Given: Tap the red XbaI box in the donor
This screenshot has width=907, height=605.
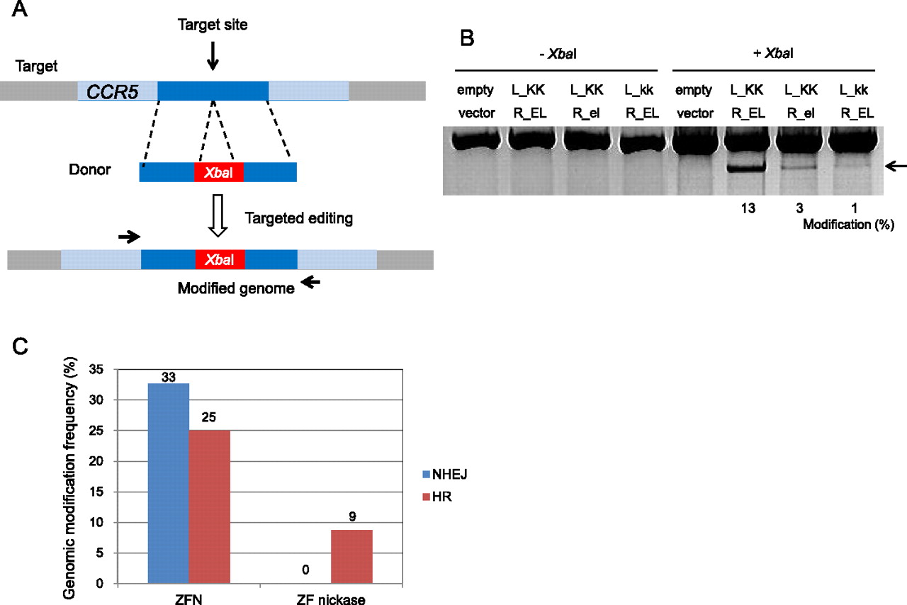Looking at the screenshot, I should [219, 172].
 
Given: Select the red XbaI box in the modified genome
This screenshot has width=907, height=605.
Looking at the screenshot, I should [220, 260].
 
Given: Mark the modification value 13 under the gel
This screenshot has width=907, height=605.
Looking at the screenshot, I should [740, 210].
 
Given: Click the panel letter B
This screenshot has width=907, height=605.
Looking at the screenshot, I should [467, 39].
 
